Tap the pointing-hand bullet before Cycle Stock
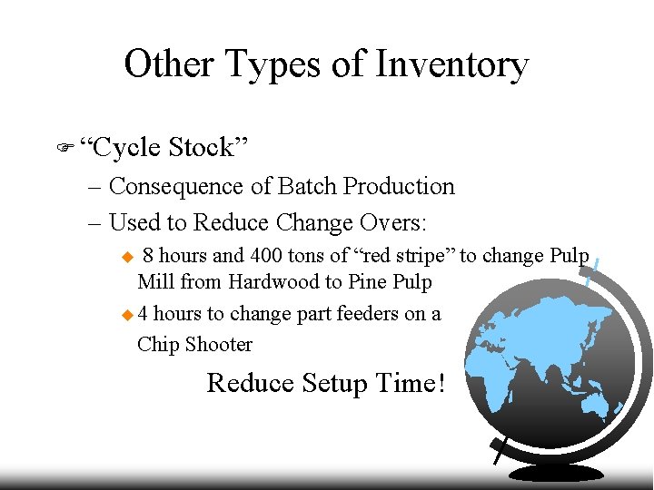[64, 146]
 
